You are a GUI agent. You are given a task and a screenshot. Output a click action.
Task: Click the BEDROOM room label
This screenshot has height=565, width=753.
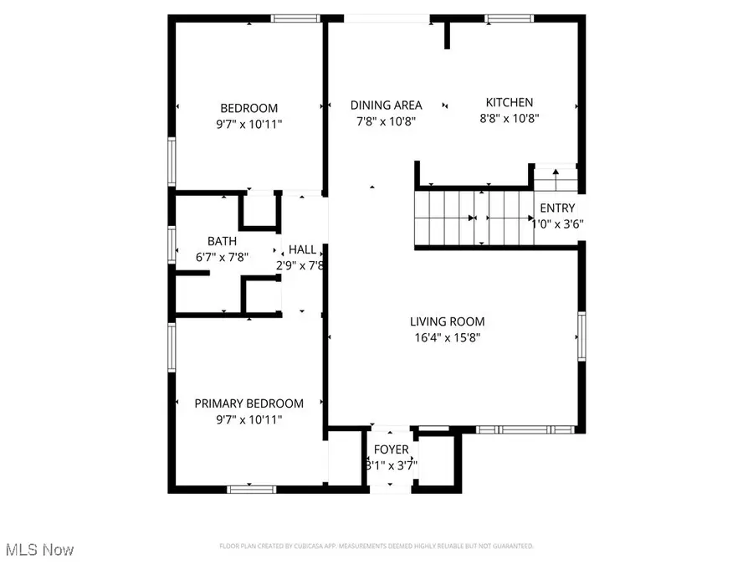tap(248, 108)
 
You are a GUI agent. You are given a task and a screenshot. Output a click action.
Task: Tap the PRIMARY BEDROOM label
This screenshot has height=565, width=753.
tap(248, 403)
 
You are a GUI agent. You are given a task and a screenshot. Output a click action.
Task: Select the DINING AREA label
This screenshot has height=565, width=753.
tap(386, 105)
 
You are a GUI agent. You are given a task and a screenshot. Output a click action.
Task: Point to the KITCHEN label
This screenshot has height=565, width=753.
tap(510, 102)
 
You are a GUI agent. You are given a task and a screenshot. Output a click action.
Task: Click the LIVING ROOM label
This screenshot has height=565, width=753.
tap(447, 321)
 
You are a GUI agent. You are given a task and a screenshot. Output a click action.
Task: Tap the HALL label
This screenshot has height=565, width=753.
tap(303, 249)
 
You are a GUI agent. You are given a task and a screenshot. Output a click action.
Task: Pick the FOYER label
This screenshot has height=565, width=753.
tap(391, 449)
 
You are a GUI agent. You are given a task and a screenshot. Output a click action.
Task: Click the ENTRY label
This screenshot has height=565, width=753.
tap(557, 208)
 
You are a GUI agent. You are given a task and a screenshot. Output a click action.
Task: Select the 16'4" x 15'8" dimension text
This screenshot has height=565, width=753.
tap(447, 338)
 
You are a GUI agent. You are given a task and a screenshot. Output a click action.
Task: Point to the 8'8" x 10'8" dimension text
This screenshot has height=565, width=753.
tap(510, 119)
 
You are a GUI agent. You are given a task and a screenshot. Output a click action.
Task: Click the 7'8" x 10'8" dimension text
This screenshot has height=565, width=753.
tap(386, 121)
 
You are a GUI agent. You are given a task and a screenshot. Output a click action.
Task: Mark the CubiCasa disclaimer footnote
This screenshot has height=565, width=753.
tap(376, 547)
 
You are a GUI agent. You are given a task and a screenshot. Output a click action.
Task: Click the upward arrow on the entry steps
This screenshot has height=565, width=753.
tap(556, 173)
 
